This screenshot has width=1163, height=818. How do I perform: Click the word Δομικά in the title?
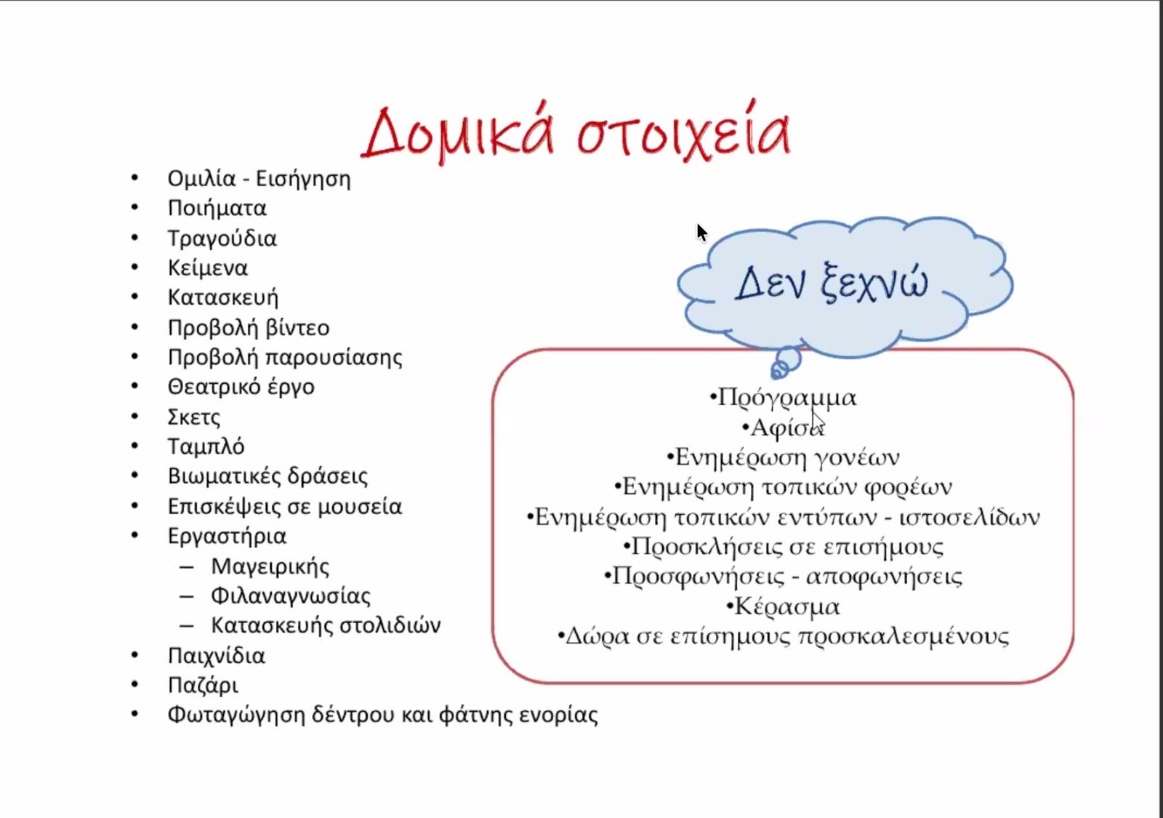point(458,132)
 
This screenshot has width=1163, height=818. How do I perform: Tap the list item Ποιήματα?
point(217,208)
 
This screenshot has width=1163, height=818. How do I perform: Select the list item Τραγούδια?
point(222,238)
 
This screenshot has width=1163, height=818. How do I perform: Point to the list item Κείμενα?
point(208,268)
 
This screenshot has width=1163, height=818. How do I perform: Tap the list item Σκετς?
point(193,417)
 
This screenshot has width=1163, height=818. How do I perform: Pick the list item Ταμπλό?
point(206,446)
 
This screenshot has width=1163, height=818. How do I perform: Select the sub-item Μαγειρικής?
point(270,566)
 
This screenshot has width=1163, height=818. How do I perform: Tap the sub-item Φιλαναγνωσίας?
point(291,596)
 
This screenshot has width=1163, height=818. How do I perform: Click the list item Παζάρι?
point(203,686)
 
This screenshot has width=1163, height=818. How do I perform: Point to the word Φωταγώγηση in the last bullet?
point(236,715)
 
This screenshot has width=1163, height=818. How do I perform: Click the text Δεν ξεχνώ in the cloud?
point(832,283)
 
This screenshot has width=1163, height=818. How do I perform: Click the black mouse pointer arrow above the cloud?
point(702,233)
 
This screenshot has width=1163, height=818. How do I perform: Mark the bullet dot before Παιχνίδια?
point(135,655)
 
